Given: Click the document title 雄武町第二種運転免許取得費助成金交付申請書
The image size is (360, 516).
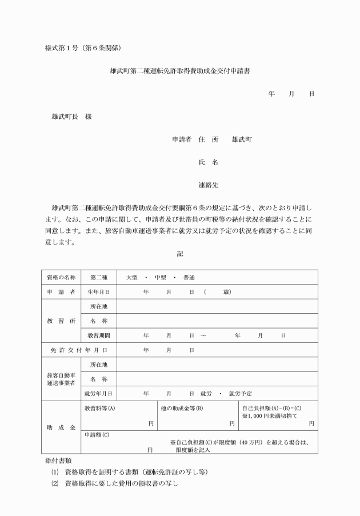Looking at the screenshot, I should coord(180,72).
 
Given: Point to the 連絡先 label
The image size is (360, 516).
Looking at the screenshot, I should coord(208,185).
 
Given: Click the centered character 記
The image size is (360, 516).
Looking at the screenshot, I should coord(180,253).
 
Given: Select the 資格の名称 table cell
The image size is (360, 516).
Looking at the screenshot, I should coord(61,277).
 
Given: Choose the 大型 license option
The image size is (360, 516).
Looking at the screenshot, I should coord(132,277).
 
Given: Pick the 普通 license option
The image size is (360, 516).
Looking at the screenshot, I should coord(189,277).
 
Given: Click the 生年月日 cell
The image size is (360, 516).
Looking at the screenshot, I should coord(98,292).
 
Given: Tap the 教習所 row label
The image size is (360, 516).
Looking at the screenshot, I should coord(61,321).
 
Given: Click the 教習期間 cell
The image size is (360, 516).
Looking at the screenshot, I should coord(98,335).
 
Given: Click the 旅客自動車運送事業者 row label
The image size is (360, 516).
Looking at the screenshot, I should coord(61,379).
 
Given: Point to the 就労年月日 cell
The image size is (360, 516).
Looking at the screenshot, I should coord(98,394).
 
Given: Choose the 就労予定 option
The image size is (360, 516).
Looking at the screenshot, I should coord(239,394).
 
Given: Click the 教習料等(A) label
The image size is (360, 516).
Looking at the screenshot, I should coord(99,409).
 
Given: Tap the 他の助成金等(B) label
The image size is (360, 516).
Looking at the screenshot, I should coord(182,409).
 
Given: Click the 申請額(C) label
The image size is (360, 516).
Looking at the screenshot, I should coord(97,435).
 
